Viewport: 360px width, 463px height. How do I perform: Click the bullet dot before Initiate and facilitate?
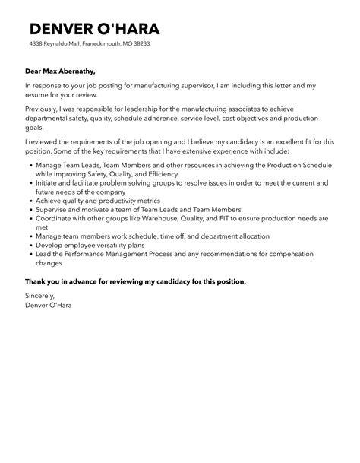[28, 183]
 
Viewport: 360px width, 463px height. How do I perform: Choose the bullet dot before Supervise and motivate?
[28, 210]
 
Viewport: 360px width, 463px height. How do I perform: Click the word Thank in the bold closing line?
[36, 281]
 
